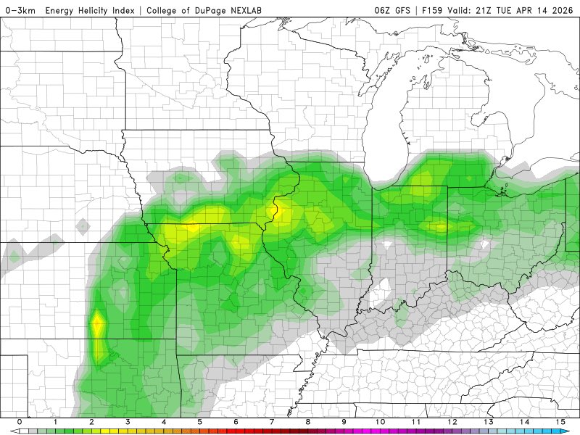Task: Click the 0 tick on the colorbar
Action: pos(19,422)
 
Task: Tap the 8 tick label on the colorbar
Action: pos(308,422)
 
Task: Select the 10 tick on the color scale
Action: pos(380,422)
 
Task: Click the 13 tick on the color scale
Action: pos(489,422)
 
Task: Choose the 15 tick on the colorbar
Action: pos(560,422)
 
